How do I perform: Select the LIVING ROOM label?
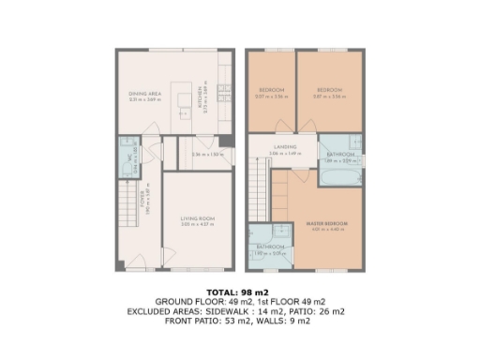[x=198, y=218]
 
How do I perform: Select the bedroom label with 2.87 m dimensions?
[x=328, y=90]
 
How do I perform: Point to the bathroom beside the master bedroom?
[x=272, y=247]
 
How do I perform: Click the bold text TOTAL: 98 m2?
[x=239, y=291]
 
